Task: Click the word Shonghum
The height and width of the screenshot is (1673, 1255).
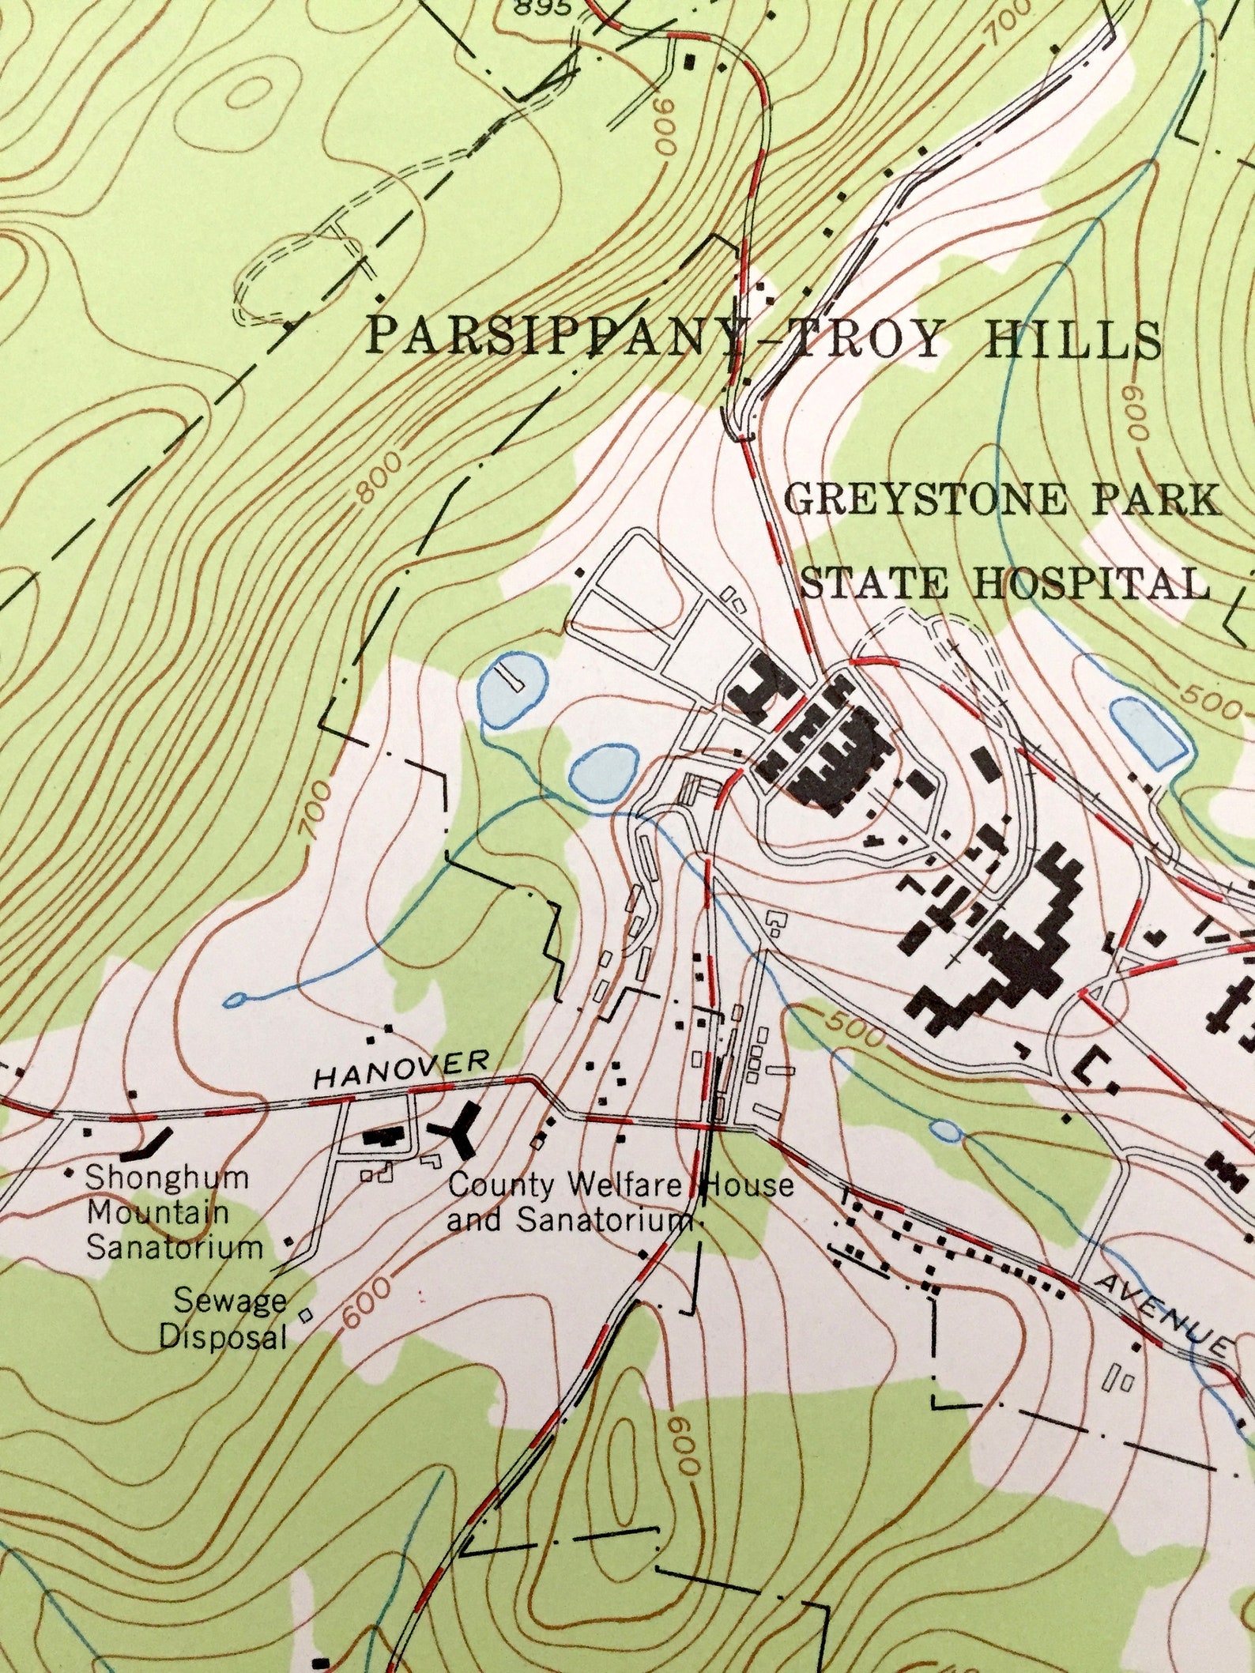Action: click(x=167, y=1178)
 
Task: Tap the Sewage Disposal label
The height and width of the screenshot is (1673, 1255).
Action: click(x=223, y=1317)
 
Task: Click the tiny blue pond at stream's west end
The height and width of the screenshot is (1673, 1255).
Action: click(x=235, y=1000)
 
